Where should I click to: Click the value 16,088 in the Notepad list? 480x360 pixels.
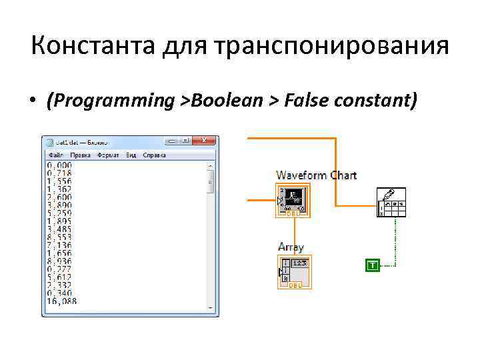click(x=61, y=301)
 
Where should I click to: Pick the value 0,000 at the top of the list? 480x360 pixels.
click(x=60, y=165)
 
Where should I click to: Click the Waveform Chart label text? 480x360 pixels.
click(x=316, y=175)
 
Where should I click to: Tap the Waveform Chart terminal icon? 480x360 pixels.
click(x=293, y=199)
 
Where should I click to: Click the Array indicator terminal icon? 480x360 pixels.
click(x=293, y=271)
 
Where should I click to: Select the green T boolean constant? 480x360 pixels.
click(x=372, y=265)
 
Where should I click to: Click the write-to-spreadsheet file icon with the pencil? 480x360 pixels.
click(x=391, y=202)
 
